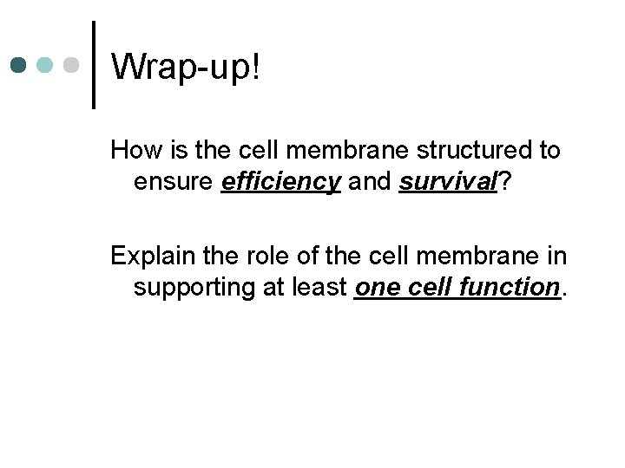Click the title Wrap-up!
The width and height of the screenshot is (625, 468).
point(186,66)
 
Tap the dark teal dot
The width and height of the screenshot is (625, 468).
point(20,65)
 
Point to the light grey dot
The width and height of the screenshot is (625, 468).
point(73,65)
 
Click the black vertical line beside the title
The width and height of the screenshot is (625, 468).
point(93,65)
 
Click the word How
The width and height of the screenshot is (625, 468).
point(132,151)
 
